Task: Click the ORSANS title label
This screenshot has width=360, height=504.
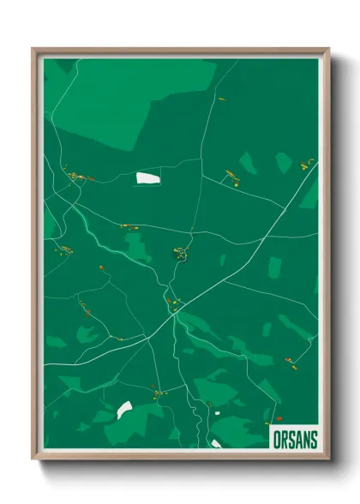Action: [295, 439]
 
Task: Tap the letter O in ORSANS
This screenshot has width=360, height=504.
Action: [275, 439]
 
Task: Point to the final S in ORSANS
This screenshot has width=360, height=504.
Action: [313, 439]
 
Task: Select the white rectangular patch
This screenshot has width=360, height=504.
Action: [147, 178]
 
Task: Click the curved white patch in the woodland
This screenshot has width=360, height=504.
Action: [125, 410]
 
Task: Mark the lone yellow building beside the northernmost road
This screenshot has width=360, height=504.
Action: [221, 99]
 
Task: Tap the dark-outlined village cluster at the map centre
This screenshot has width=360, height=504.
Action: [181, 253]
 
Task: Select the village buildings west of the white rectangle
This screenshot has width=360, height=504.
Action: [76, 177]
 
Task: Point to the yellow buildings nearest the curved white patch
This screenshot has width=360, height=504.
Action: [157, 393]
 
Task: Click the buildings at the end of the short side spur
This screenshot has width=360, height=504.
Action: [231, 177]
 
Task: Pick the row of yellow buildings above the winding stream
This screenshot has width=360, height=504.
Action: [129, 226]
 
